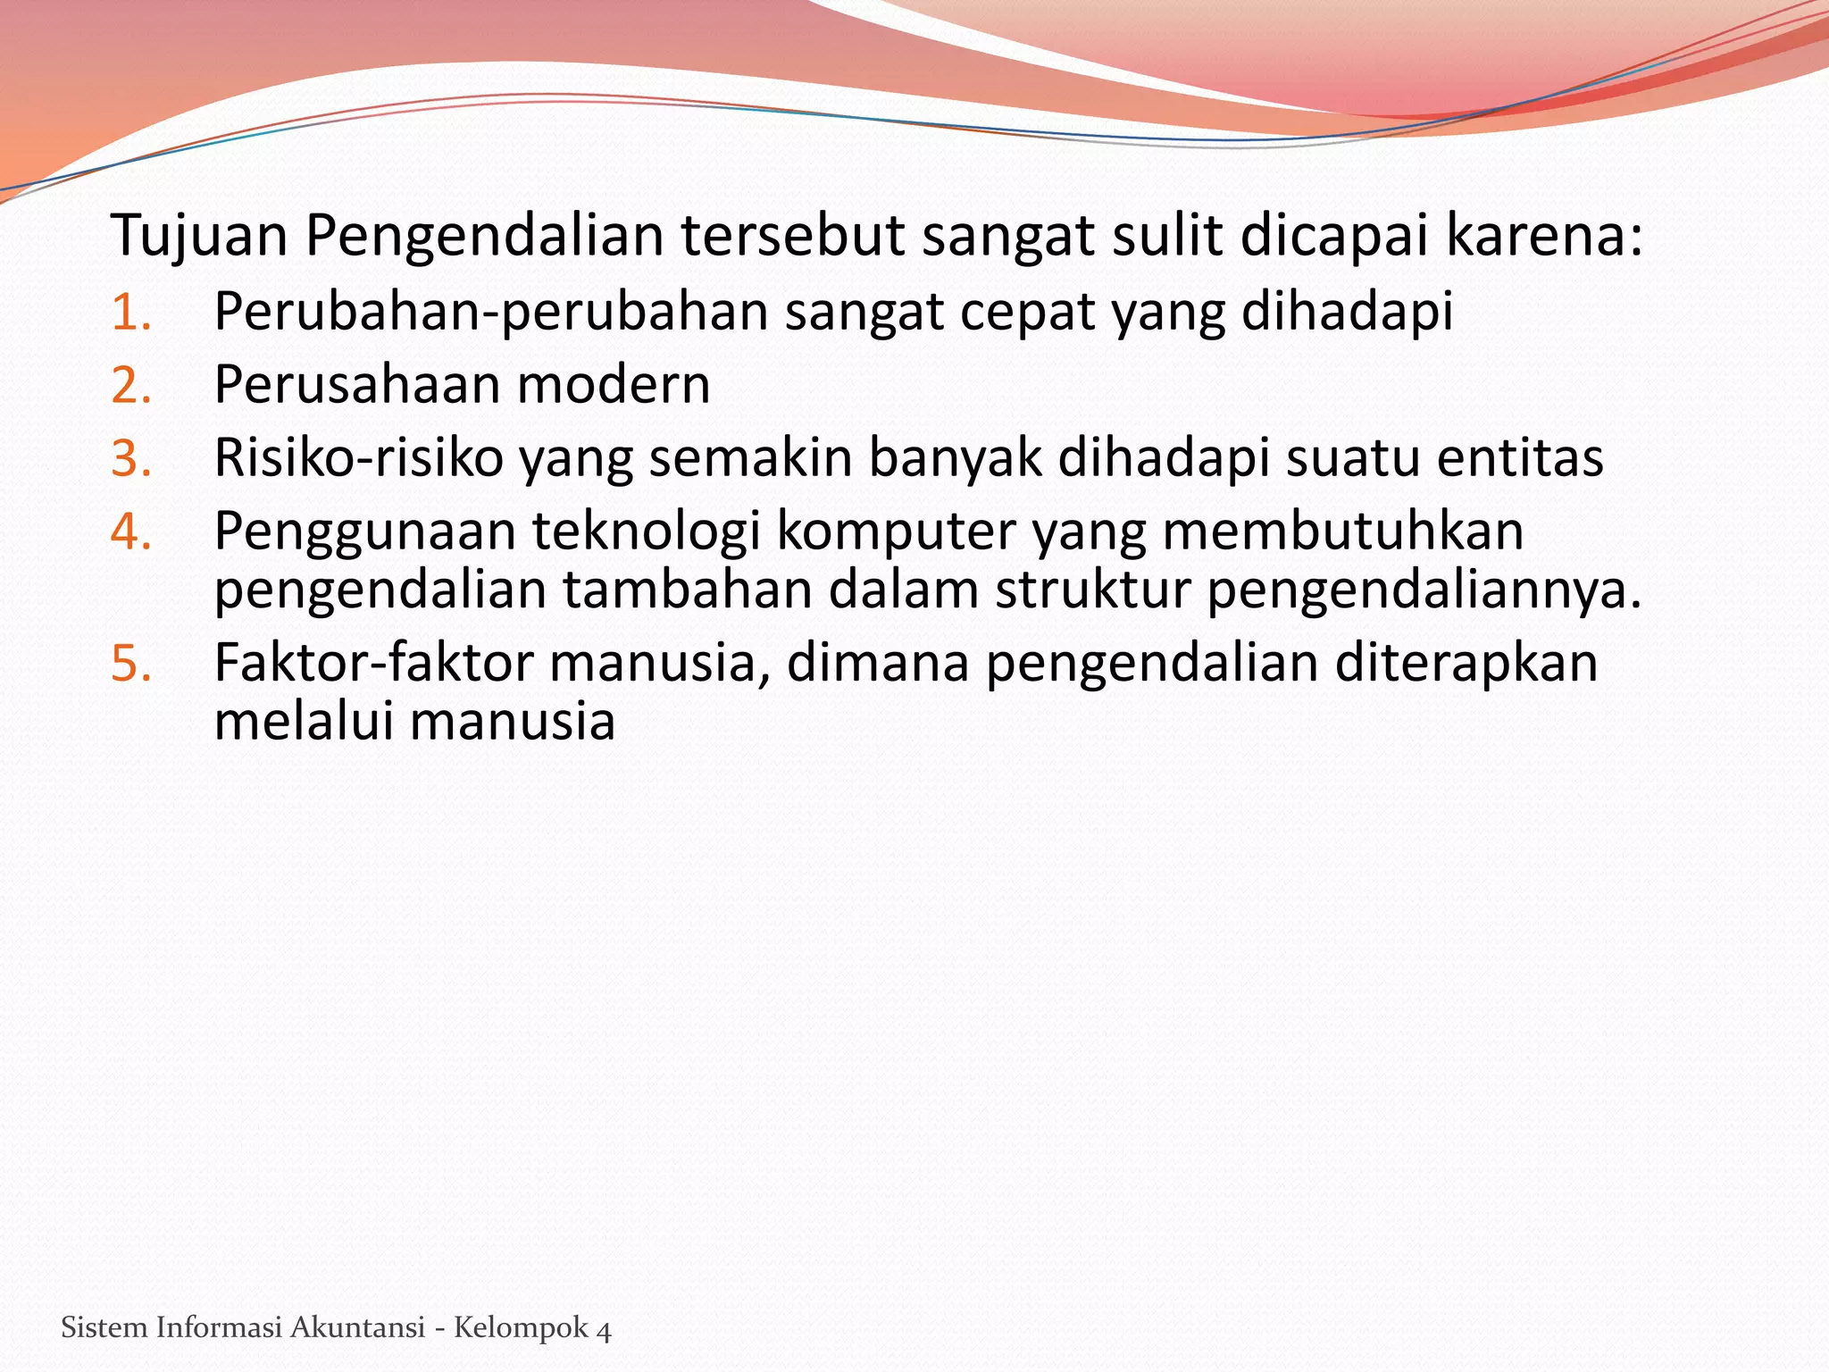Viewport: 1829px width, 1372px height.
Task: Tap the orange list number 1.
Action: [130, 313]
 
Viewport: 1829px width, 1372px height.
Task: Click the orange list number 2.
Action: [130, 386]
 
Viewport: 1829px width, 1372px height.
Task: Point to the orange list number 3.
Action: [130, 459]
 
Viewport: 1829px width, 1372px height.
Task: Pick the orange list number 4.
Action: [130, 532]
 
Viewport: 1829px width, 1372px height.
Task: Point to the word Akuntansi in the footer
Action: [357, 1328]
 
